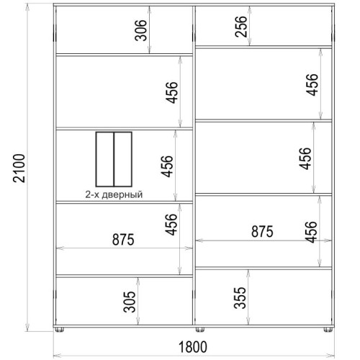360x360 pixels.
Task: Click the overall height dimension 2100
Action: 19,168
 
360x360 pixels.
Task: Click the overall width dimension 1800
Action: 193,347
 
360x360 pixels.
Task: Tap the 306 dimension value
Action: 140,30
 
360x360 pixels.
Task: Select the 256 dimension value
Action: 240,27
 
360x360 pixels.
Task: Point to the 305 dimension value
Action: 130,302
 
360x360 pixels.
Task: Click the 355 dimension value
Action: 240,297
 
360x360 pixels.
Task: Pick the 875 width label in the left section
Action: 123,240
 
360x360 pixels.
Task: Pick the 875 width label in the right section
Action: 262,232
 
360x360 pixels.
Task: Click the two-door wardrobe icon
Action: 114,159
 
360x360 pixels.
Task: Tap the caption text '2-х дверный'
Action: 114,194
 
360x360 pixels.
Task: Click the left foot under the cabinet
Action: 59,330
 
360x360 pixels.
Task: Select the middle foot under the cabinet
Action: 200,330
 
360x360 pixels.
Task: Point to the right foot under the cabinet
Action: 328,330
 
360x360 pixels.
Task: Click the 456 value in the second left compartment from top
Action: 172,93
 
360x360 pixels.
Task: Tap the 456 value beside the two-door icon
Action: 167,166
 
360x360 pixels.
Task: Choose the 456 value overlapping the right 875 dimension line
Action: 311,232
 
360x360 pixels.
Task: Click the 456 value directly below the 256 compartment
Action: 312,85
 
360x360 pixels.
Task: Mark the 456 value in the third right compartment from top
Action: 305,158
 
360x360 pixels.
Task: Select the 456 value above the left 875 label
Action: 171,225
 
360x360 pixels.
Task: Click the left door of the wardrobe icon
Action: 105,159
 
